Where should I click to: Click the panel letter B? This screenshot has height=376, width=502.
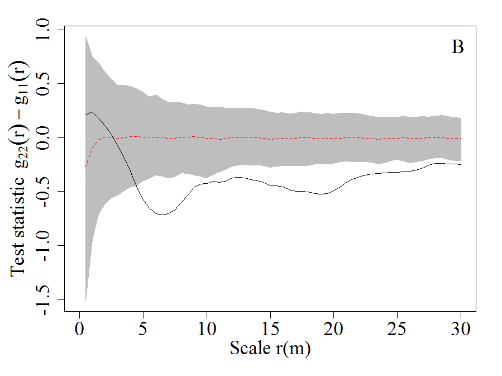pyautogui.click(x=457, y=47)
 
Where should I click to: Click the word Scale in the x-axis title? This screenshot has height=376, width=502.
pyautogui.click(x=251, y=349)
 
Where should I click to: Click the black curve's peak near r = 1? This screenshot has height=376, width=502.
pyautogui.click(x=92, y=112)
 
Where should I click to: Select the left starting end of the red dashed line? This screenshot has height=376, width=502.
pyautogui.click(x=85, y=166)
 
